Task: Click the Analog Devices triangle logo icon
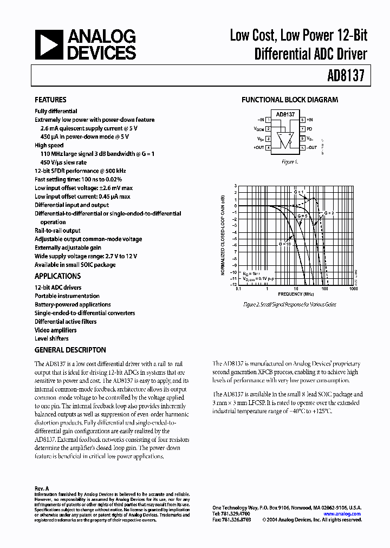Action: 48,44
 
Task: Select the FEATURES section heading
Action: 50,100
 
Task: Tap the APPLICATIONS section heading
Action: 58,275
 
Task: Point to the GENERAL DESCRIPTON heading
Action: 70,350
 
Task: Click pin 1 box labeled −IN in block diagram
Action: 268,120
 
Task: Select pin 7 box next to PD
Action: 302,129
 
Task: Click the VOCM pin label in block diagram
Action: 259,129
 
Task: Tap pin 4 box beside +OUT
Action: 268,147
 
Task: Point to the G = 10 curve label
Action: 285,244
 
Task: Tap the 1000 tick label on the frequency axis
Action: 353,289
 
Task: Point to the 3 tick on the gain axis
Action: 235,186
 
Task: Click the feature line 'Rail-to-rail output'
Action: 57,231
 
